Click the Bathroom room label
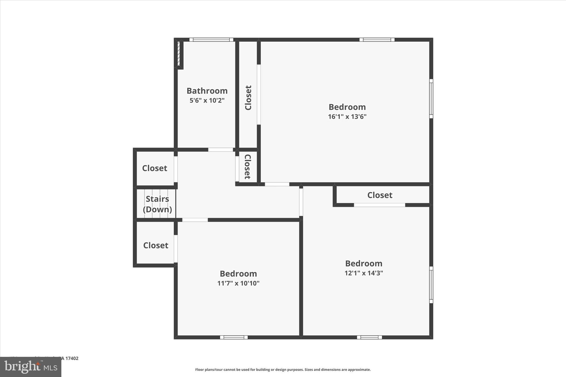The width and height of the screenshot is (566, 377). point(207,91)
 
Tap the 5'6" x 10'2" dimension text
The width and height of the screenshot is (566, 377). point(207,100)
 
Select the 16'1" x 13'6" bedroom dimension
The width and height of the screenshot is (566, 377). point(347,117)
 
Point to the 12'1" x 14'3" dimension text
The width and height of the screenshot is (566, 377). point(364,273)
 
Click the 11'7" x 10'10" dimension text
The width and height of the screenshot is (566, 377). point(238,283)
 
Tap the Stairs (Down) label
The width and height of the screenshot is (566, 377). point(157,204)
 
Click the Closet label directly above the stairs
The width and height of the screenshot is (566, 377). point(154,168)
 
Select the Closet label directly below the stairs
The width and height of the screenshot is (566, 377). point(156,246)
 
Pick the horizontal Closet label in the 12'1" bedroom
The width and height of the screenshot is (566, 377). point(380,195)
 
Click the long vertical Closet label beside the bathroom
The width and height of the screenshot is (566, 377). point(248,98)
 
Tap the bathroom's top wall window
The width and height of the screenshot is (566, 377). point(211,40)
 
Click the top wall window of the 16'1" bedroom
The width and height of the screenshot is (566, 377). point(377,40)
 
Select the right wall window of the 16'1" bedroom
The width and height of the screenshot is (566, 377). point(431,99)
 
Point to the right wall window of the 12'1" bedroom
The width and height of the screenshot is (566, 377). point(431,285)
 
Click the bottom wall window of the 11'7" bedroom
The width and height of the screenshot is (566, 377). point(234,337)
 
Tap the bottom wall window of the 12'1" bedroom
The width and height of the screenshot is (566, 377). point(369,337)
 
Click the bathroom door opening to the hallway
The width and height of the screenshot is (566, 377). point(221,150)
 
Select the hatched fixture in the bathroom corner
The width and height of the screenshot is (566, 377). point(179,54)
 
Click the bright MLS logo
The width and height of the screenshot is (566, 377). point(31,367)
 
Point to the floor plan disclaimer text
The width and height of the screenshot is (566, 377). point(283,370)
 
